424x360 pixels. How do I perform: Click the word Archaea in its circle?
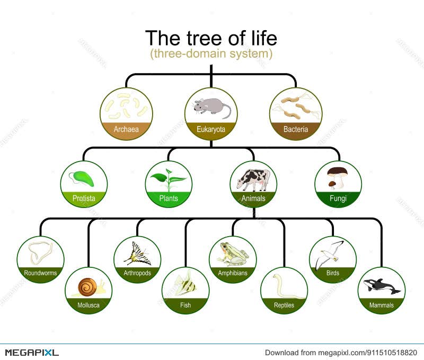point(126,129)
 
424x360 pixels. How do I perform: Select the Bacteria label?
point(296,129)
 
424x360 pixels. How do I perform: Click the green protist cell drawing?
point(84,179)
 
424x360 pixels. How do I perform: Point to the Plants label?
point(169,199)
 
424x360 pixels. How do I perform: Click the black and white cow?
point(253,179)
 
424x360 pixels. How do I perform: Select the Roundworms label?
point(40,273)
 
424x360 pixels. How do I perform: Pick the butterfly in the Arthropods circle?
point(137,254)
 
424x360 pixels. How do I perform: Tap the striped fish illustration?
point(185,284)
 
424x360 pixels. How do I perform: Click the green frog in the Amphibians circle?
point(233,254)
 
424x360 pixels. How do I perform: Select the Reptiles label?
point(284,305)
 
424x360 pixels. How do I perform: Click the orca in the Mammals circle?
point(381,286)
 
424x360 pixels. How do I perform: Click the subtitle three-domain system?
point(211,54)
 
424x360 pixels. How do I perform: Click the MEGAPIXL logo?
point(32,352)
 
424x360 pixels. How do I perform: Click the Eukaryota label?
point(211,129)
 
